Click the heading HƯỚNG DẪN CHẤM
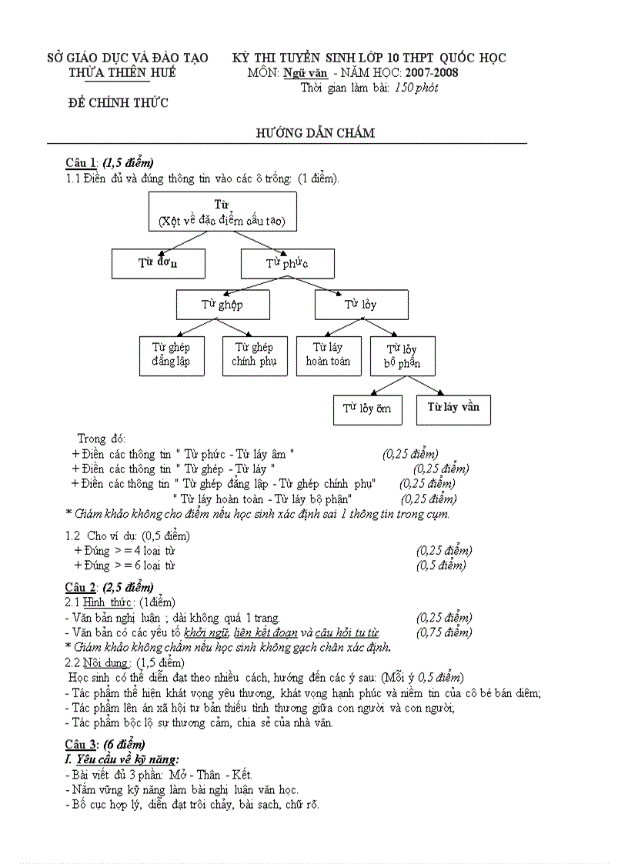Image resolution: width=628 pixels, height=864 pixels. pos(315,133)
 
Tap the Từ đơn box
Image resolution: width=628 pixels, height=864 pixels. pos(159,263)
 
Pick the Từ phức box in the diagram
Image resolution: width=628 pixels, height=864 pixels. pos(288,263)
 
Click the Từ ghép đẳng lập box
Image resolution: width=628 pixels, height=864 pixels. pos(171,355)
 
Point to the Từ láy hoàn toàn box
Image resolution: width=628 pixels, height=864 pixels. pos(328,355)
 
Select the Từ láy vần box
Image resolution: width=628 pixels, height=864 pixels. pos(453,408)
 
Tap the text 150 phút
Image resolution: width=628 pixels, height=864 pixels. pos(416,88)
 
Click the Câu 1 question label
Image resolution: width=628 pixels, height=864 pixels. pos(81,162)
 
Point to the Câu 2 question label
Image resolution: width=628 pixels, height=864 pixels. pos(81,587)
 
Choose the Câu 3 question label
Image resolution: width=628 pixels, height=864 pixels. pos(81,744)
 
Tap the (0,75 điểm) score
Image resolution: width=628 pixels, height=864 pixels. pos(444,632)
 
